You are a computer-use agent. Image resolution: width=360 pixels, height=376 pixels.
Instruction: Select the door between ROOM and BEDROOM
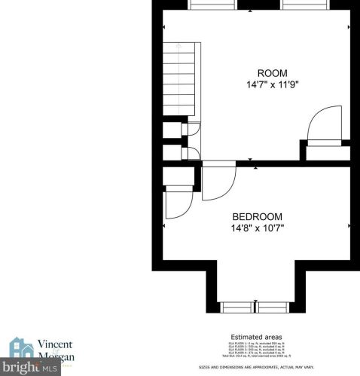[219, 183]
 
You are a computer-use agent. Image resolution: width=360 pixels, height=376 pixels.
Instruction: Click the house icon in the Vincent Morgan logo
[20, 347]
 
